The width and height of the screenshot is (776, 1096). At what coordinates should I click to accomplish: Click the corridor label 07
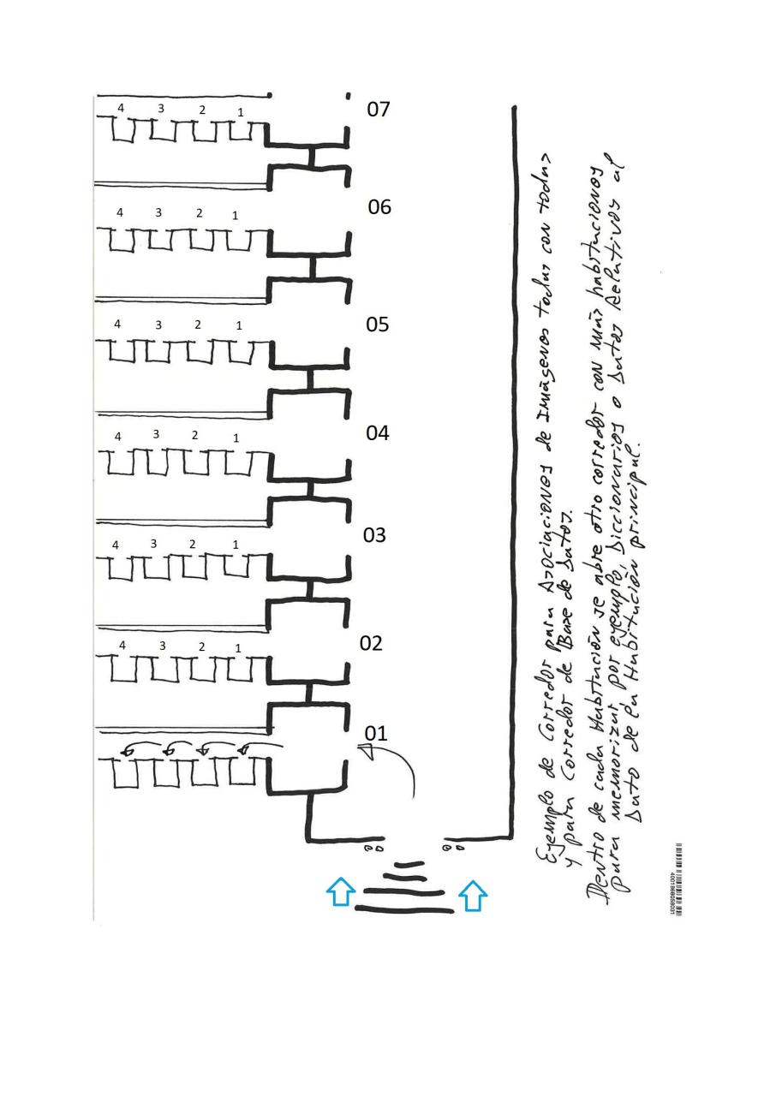click(379, 110)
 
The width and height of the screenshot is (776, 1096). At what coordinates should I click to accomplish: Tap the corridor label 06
click(379, 207)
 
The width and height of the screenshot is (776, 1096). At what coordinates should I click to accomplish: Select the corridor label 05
click(378, 325)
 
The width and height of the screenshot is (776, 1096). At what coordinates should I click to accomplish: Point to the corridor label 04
click(378, 433)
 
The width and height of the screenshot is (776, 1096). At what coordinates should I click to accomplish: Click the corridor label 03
click(375, 535)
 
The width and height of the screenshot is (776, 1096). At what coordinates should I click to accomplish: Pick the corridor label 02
click(371, 644)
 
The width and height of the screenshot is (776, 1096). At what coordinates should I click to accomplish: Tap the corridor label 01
click(376, 734)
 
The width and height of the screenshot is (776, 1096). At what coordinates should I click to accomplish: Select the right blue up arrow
click(473, 896)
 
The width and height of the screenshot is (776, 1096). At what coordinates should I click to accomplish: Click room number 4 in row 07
click(121, 108)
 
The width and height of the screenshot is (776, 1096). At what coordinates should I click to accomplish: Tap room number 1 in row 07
click(240, 112)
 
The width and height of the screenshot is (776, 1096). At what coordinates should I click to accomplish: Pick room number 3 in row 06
click(158, 212)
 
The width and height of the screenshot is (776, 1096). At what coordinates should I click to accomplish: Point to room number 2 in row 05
click(198, 325)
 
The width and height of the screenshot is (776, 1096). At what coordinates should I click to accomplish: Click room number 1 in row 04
click(236, 438)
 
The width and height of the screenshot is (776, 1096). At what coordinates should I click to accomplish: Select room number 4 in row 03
click(116, 545)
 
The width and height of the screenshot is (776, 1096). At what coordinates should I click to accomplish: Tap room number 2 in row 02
click(202, 646)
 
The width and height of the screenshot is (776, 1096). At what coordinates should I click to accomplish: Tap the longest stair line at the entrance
click(409, 909)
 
